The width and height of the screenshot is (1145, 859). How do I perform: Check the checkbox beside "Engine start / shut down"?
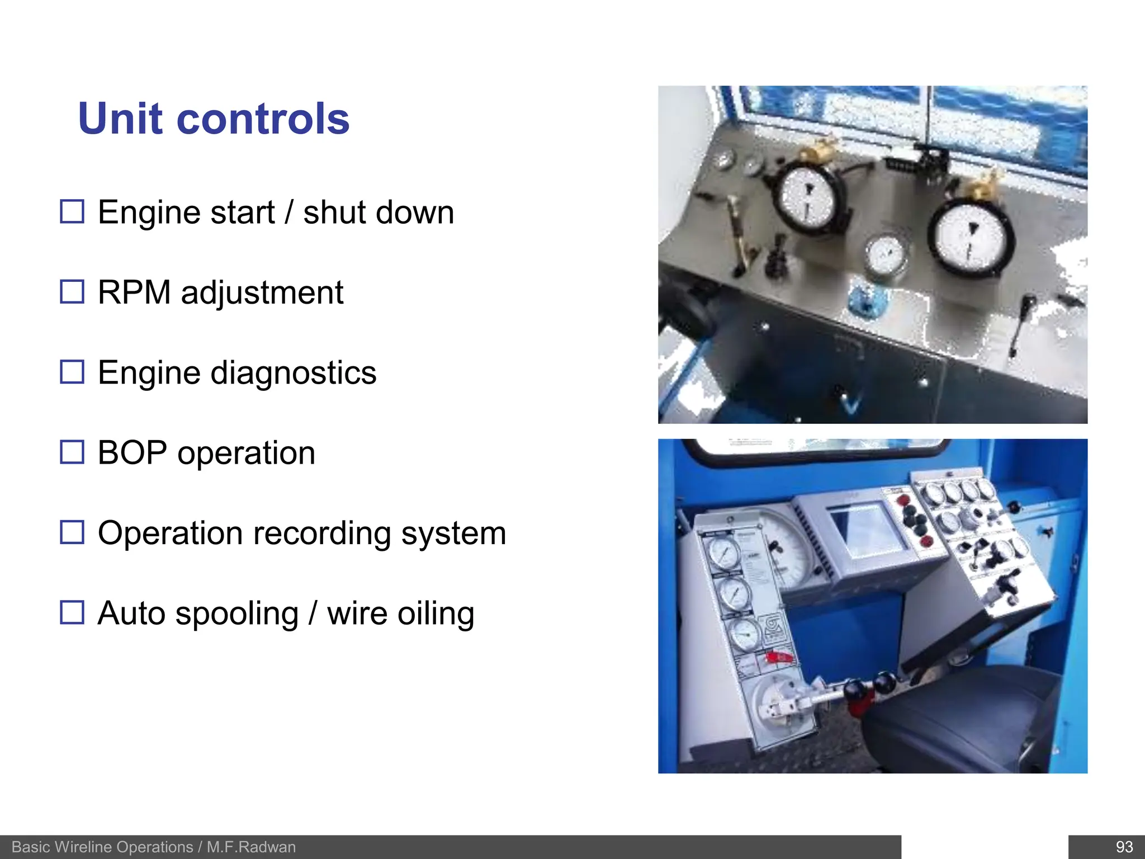coord(72,212)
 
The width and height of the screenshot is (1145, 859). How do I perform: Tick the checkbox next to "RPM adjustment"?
coord(72,292)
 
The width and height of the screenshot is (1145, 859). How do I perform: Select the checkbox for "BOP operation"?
coord(72,452)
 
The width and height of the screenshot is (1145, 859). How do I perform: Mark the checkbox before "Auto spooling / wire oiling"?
coord(72,612)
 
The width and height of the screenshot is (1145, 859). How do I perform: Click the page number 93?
coord(1124,847)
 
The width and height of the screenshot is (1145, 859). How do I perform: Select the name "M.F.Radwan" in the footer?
coord(251,847)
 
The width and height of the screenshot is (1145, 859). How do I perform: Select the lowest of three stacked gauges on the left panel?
coord(746,634)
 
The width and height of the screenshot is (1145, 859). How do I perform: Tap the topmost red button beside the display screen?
coord(901,499)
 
